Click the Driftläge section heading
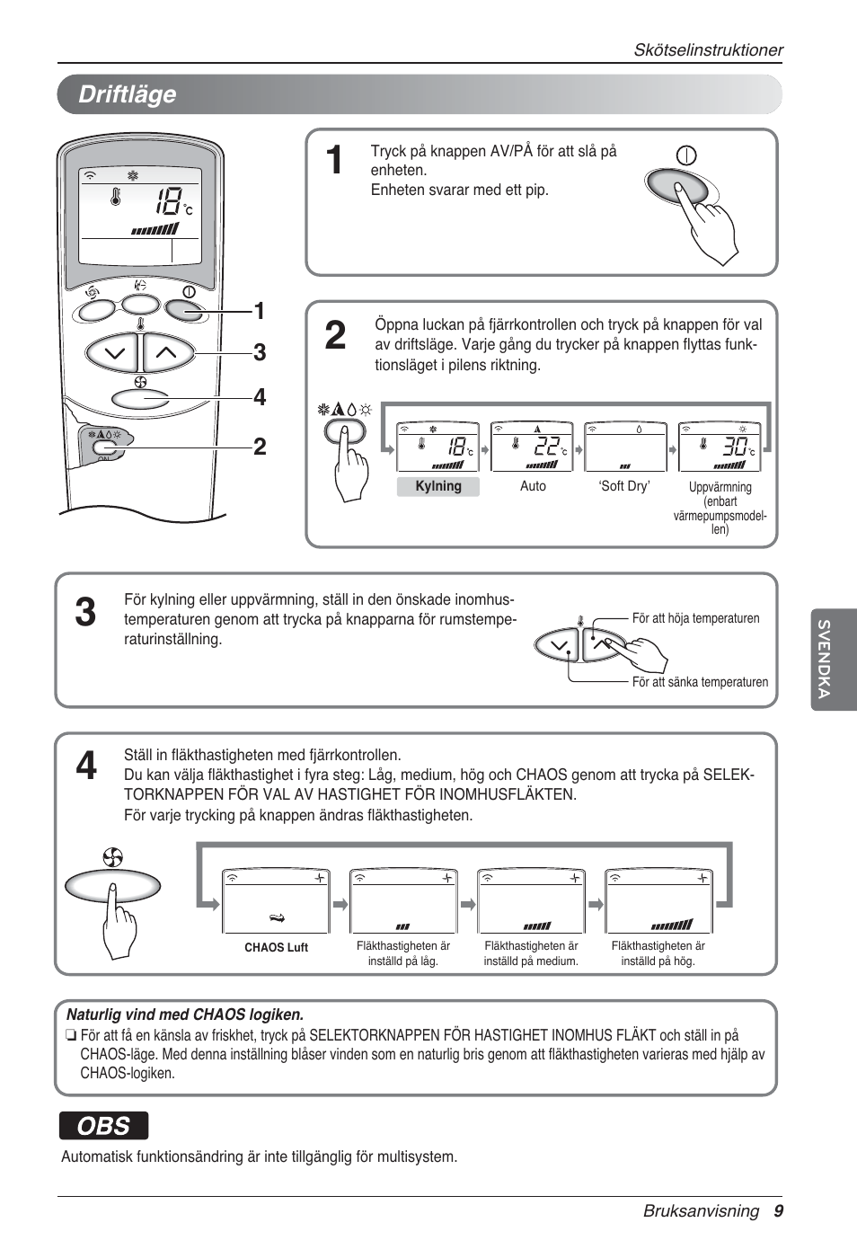[x=127, y=94]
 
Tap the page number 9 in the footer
[x=778, y=1210]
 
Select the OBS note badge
[x=103, y=1126]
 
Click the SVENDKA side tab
[x=824, y=660]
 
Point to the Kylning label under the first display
[x=438, y=486]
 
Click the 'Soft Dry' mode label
[x=624, y=486]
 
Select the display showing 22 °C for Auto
[x=532, y=447]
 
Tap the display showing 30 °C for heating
[x=719, y=447]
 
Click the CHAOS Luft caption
[x=276, y=947]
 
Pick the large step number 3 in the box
[x=85, y=613]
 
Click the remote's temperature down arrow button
[x=113, y=353]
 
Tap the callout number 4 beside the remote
[x=260, y=397]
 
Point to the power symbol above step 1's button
[x=686, y=155]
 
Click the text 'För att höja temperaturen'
[x=695, y=618]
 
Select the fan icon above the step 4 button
[x=112, y=858]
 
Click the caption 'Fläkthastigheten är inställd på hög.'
[x=658, y=953]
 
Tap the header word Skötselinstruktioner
[x=708, y=50]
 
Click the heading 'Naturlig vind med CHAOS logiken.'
[x=185, y=1014]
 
